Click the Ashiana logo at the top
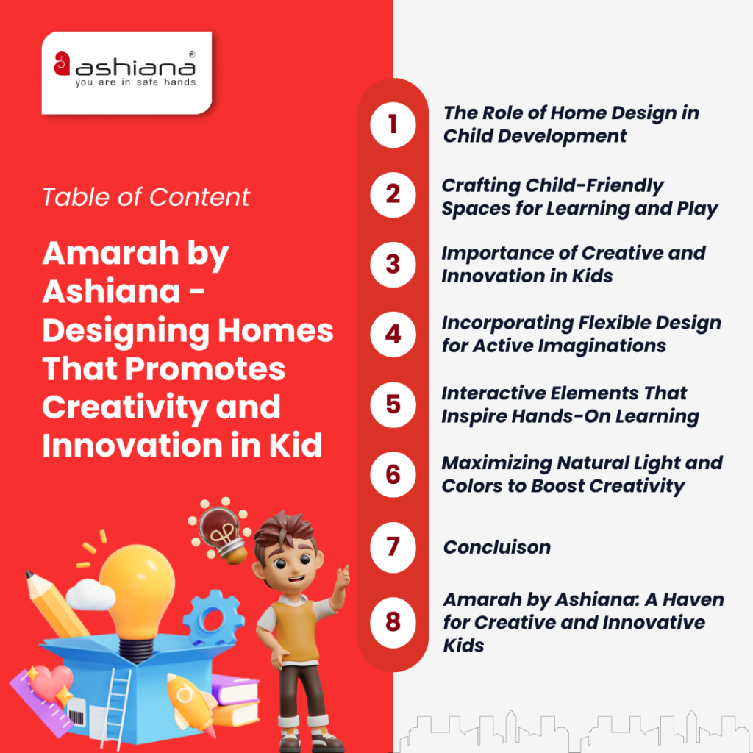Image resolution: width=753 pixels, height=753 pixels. tap(126, 72)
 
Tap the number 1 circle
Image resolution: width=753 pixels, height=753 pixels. tap(393, 124)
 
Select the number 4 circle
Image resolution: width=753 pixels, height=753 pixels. tap(393, 335)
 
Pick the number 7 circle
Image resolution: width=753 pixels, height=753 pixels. tap(393, 546)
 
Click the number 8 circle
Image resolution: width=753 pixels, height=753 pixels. tap(393, 622)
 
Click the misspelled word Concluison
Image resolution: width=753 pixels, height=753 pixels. tap(497, 547)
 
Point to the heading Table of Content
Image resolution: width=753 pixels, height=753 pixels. tap(146, 197)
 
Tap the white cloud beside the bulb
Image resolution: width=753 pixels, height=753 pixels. tap(90, 594)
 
